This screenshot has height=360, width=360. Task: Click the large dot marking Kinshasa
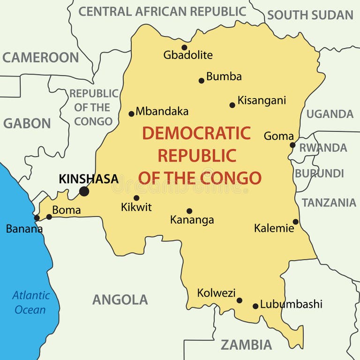(x=84, y=191)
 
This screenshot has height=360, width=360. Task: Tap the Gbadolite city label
(x=187, y=55)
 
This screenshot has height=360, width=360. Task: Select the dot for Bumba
(x=202, y=81)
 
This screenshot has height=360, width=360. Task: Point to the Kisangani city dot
(x=232, y=105)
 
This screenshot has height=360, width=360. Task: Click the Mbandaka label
(x=162, y=112)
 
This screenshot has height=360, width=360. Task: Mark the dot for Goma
(x=292, y=145)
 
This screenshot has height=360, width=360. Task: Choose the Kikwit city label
(x=136, y=207)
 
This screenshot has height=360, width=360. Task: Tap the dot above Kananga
(x=189, y=211)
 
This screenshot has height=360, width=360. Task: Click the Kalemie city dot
(x=295, y=222)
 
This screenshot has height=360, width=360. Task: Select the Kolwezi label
(x=216, y=293)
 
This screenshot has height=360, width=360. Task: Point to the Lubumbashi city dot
(x=255, y=306)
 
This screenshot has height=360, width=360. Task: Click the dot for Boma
(x=49, y=217)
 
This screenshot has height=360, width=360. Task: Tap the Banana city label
(x=24, y=229)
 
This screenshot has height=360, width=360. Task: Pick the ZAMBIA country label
(x=246, y=345)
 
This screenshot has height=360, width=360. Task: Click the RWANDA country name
(x=323, y=148)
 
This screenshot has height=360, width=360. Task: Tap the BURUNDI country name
(x=319, y=173)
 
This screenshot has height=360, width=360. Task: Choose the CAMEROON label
(x=40, y=58)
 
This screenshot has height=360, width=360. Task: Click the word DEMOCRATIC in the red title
(x=196, y=134)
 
